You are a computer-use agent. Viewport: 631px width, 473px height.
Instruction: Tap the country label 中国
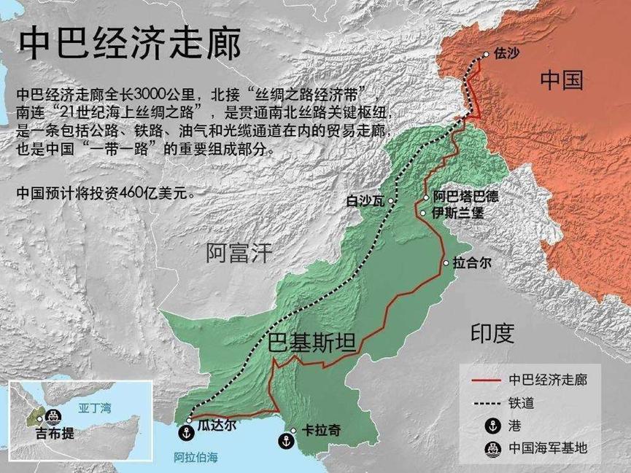coord(562,80)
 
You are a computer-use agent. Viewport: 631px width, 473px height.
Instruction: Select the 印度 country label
coord(492,334)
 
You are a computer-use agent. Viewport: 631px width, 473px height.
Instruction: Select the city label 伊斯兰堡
coord(457,214)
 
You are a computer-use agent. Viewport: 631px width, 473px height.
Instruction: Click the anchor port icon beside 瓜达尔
coord(186,432)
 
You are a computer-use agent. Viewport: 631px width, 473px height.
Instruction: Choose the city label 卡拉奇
coord(320,431)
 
